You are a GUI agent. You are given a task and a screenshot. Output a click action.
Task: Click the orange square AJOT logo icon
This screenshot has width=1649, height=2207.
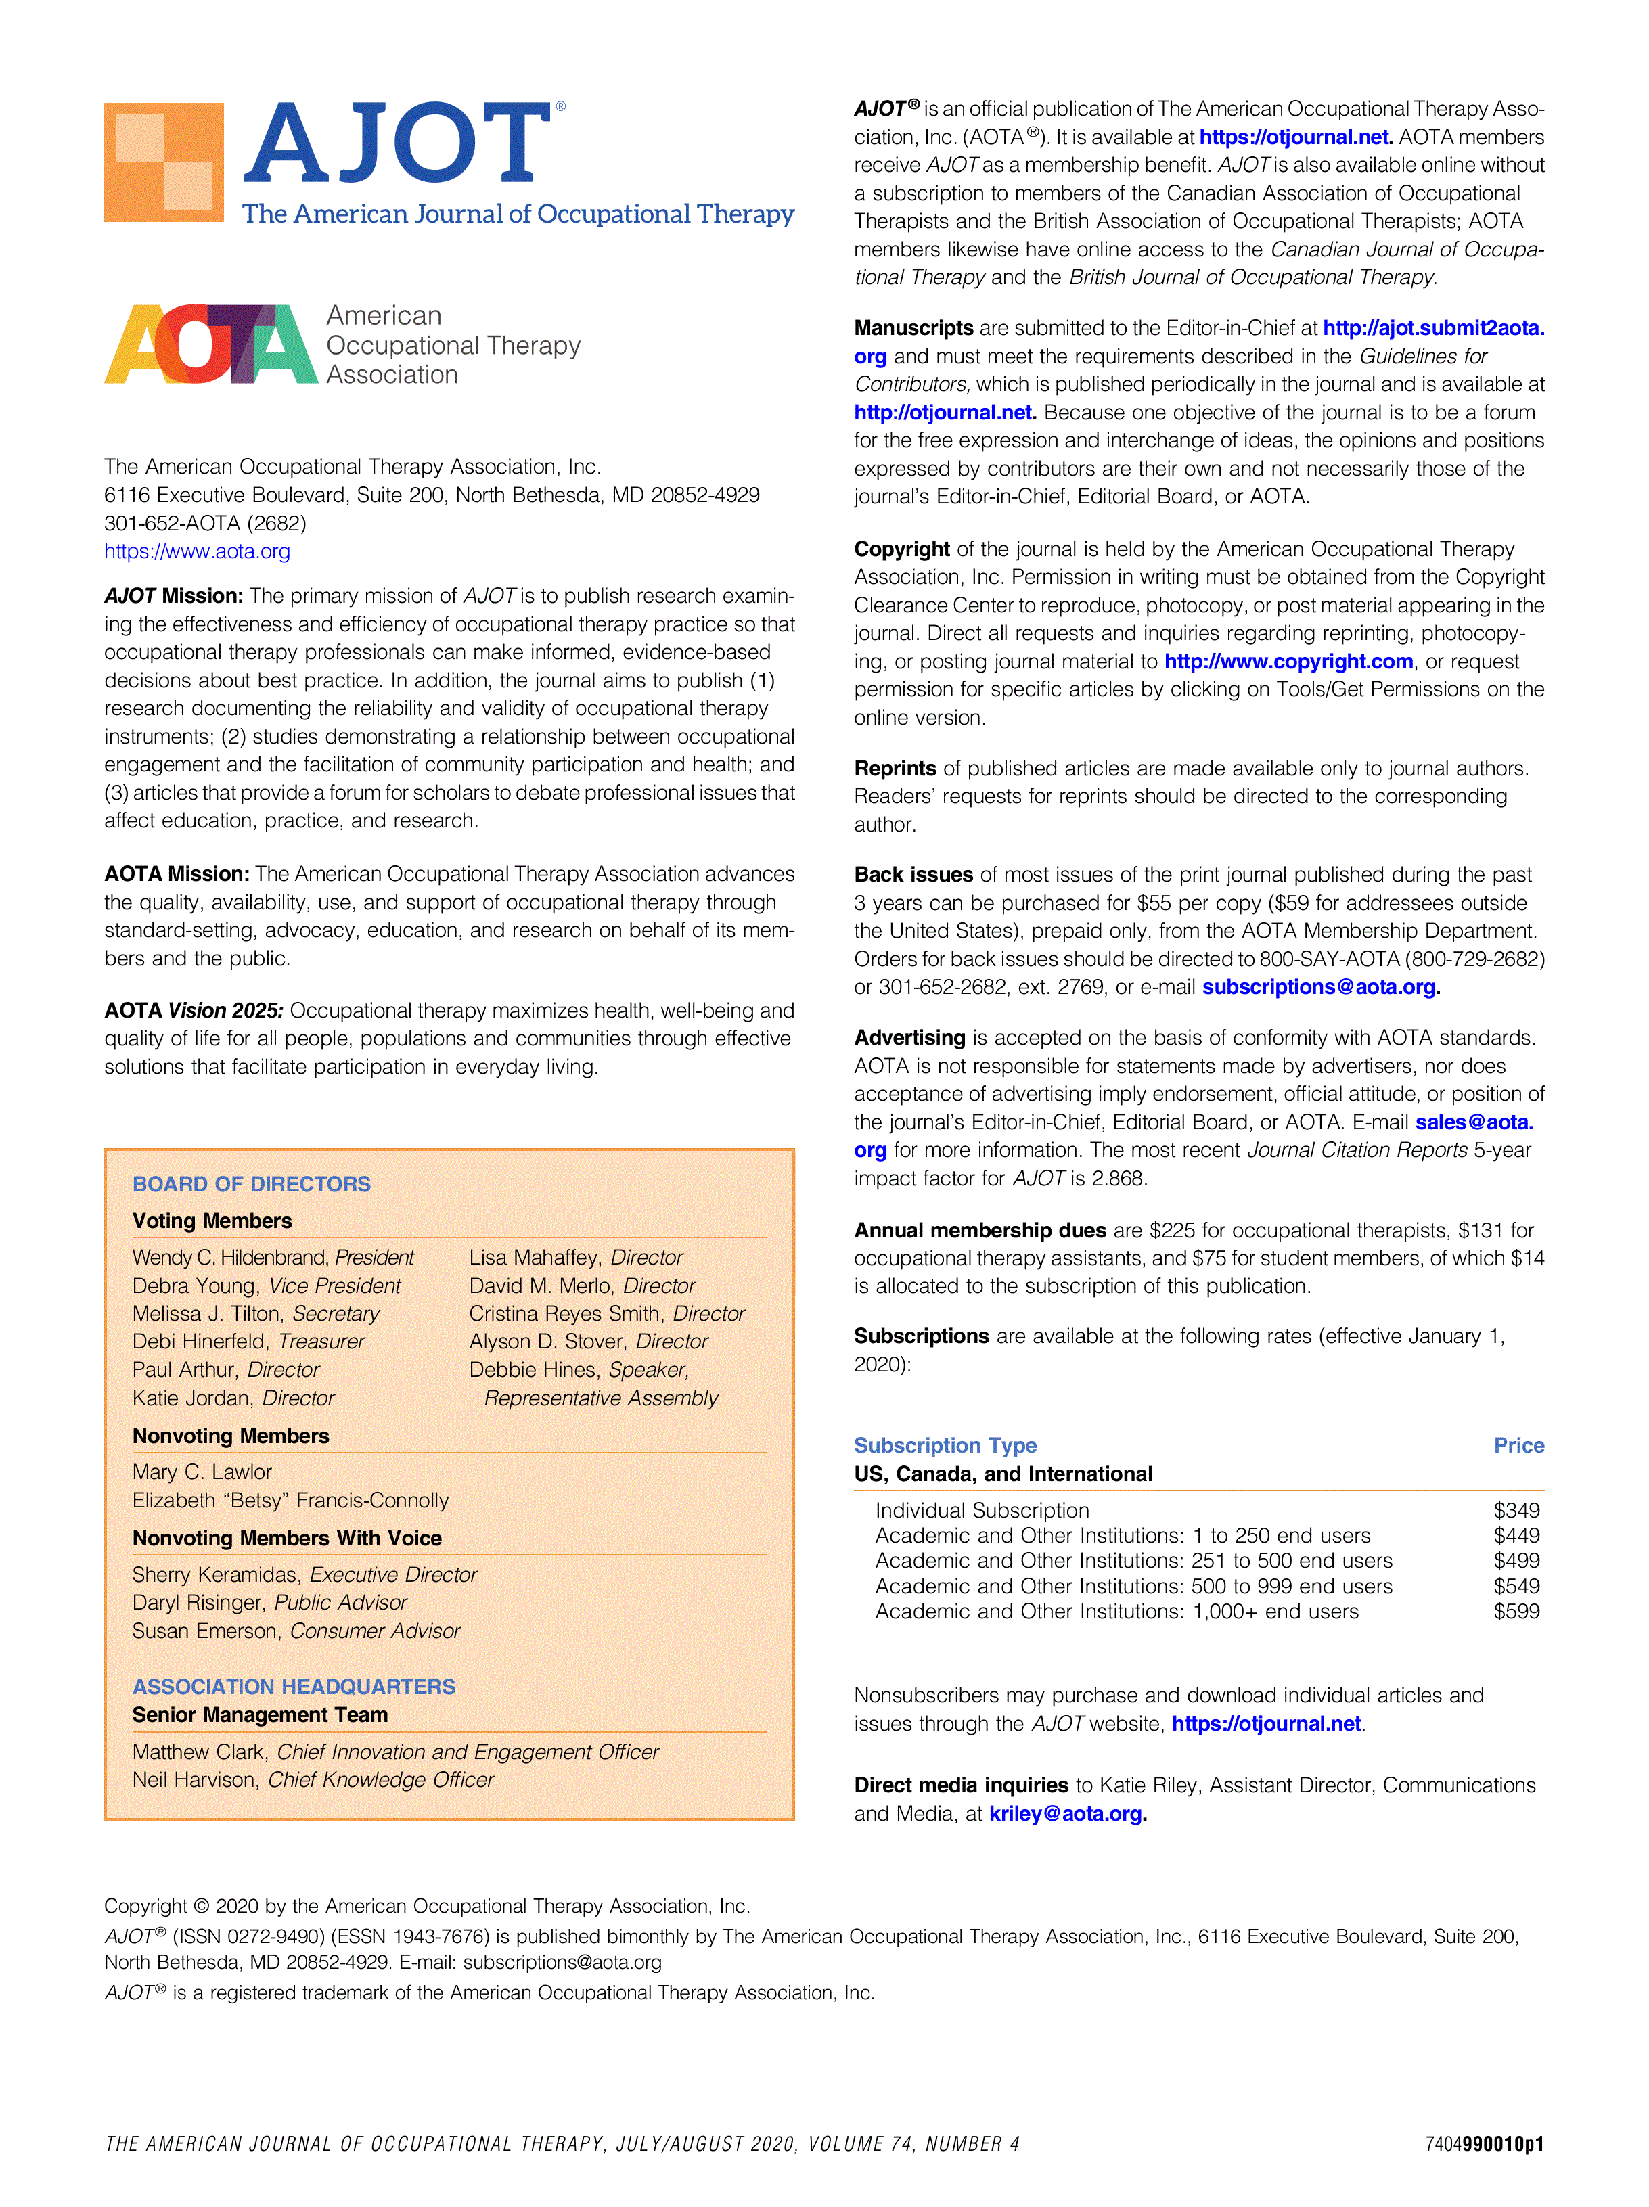164,162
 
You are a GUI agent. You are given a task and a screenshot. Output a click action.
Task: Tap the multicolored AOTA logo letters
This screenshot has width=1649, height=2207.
210,344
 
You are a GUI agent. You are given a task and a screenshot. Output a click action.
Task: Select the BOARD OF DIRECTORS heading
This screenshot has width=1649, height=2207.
252,1184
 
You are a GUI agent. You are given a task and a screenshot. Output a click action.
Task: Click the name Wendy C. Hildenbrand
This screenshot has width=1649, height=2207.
231,1257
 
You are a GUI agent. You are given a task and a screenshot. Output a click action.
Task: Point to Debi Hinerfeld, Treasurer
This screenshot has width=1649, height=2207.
248,1341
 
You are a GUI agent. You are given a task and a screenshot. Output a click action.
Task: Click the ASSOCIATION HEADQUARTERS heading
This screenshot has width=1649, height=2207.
294,1686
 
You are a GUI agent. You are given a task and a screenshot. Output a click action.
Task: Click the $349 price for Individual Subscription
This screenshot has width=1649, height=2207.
1515,1511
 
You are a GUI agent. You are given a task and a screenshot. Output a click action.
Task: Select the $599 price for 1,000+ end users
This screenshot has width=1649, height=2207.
1515,1612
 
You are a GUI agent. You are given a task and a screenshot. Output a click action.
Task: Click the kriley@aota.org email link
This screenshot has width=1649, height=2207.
1066,1813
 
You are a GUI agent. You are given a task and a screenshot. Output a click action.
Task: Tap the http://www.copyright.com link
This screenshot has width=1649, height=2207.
1288,662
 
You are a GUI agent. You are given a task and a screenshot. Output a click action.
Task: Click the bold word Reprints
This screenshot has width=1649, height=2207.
895,769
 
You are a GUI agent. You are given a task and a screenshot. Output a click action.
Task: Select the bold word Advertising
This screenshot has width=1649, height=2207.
909,1038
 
